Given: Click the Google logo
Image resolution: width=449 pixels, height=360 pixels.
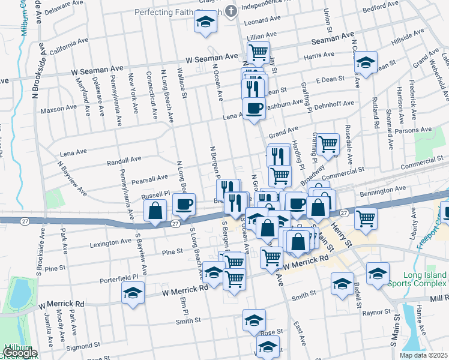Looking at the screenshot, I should tap(19, 353).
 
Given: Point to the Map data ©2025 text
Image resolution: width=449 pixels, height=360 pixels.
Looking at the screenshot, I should tap(423, 355).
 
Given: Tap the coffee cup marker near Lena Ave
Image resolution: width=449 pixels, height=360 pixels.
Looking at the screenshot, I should tap(254, 109).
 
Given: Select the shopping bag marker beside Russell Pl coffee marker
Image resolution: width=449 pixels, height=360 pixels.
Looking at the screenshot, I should tap(155, 211).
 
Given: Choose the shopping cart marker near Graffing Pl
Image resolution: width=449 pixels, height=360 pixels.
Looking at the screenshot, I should tap(328, 143).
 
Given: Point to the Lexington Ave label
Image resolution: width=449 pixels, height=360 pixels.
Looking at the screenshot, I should tap(110, 243).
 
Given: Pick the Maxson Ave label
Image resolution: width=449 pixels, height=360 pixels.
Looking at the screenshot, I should tap(59, 110).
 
